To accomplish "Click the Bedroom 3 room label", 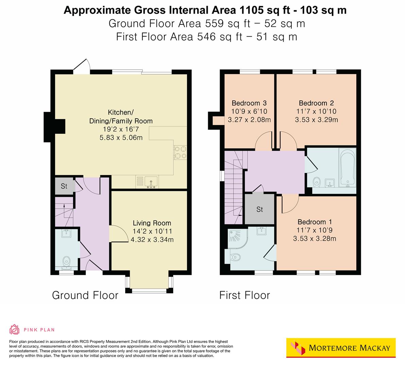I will point(249,103).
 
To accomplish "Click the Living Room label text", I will point(152,223).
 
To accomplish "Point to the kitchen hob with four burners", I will point(180,152).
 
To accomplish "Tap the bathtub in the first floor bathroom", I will point(348,168).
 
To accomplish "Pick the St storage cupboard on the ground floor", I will point(64,186).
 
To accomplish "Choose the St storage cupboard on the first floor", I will point(259,209).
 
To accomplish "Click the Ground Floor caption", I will point(85,295).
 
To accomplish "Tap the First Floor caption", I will point(244,295).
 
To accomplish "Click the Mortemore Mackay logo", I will point(341,348).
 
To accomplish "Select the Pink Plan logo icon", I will point(15,329).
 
